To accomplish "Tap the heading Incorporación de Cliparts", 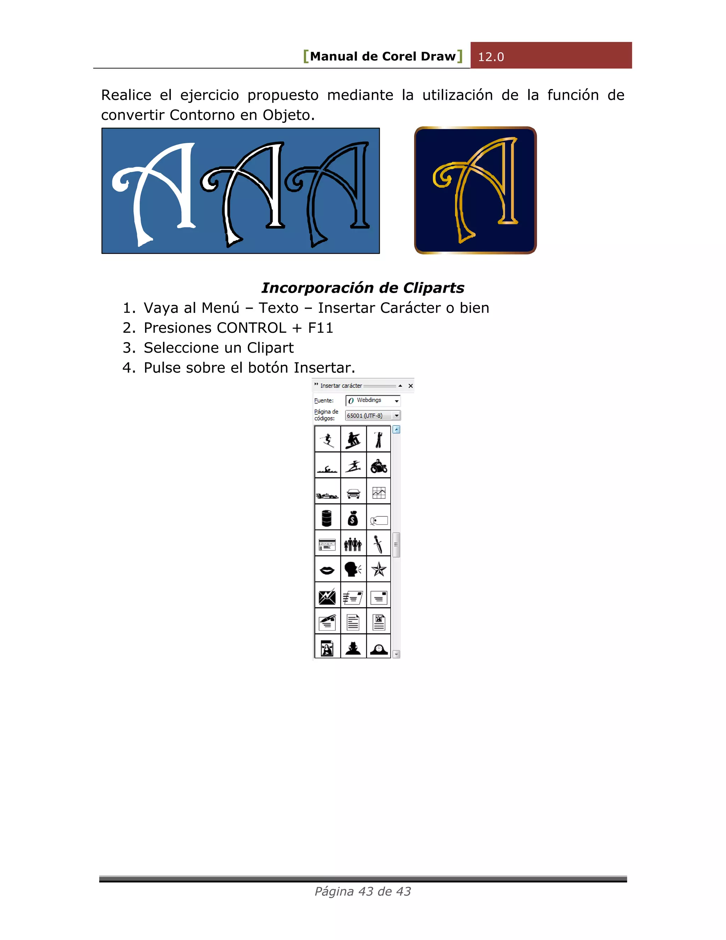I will point(363,288).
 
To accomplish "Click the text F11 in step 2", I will point(320,328).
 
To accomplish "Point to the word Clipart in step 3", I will point(270,348).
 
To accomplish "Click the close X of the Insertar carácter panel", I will point(410,386).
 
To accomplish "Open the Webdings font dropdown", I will point(396,401).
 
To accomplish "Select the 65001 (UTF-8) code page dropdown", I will point(396,416).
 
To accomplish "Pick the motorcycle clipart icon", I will point(379,466).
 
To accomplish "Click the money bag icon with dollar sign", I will point(353,518).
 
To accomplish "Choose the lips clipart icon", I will point(327,570).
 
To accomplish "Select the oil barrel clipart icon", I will point(327,518).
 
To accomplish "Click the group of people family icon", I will point(353,544).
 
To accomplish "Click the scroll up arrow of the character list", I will point(396,430).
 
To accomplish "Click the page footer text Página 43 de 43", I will point(363,891).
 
